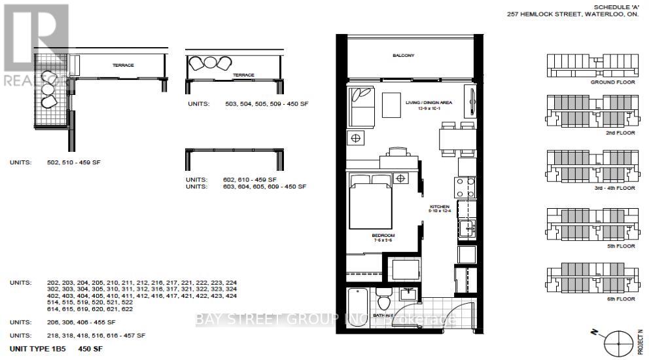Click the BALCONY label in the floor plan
tap(404, 56)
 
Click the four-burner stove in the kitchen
tap(466, 187)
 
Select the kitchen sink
tap(467, 228)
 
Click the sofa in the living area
tap(360, 107)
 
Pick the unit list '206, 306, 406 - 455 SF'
tap(63, 323)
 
